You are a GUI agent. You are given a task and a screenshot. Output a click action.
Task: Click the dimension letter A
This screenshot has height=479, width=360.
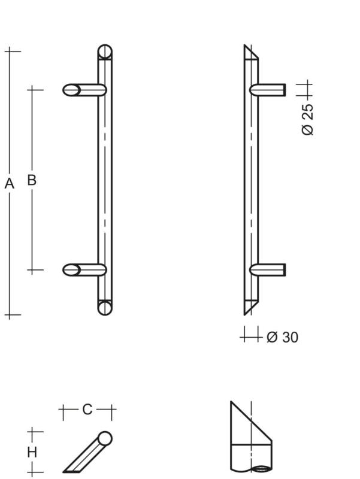9,184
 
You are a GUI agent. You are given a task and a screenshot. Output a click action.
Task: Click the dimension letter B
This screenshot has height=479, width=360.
32,180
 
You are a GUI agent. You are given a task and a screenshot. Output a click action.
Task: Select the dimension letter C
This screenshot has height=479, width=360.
87,410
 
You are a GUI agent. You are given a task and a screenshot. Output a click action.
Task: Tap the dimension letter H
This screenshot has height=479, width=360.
32,452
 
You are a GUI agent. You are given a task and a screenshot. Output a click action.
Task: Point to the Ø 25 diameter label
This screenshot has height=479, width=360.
307,119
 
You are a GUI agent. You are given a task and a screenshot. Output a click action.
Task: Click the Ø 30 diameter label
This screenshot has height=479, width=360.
282,337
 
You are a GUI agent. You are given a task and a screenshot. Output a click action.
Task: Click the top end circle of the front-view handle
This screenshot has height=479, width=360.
105,51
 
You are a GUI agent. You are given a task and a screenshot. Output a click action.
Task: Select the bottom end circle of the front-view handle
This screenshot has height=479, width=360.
105,307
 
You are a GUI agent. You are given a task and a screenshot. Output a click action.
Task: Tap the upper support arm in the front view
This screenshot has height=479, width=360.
84,90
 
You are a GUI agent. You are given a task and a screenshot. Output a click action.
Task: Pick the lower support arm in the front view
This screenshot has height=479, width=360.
84,270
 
